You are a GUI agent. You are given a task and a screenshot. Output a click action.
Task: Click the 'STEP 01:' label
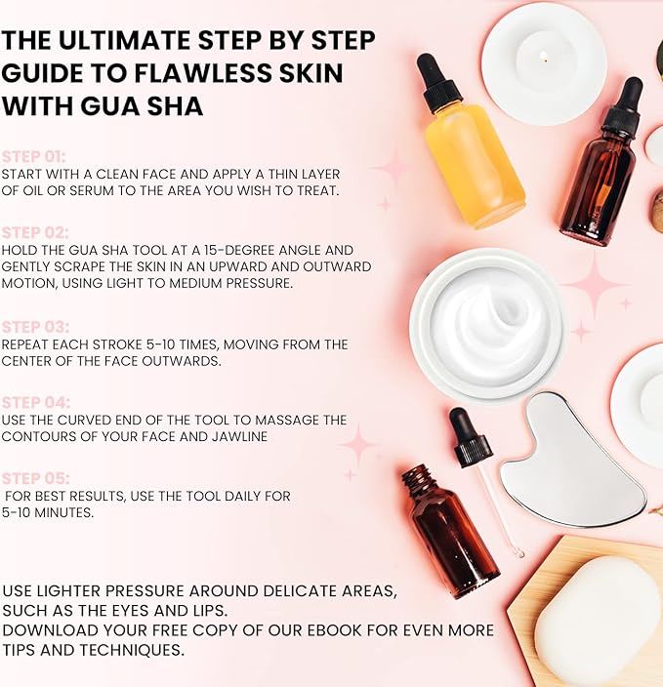tap(34, 157)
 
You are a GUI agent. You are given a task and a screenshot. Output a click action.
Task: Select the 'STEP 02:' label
tap(35, 232)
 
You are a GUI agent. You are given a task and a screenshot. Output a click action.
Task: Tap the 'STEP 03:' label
tap(35, 327)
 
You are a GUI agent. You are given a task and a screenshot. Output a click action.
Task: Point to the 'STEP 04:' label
tap(36, 403)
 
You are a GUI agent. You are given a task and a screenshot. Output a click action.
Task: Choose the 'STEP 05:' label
tap(35, 478)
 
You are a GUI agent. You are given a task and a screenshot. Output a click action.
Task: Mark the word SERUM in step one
tap(91, 190)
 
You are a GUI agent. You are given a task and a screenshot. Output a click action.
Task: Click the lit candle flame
tap(543, 56)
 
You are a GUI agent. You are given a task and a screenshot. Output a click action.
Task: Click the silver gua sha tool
tap(570, 465)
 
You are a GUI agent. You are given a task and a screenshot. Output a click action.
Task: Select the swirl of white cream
tap(490, 324)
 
